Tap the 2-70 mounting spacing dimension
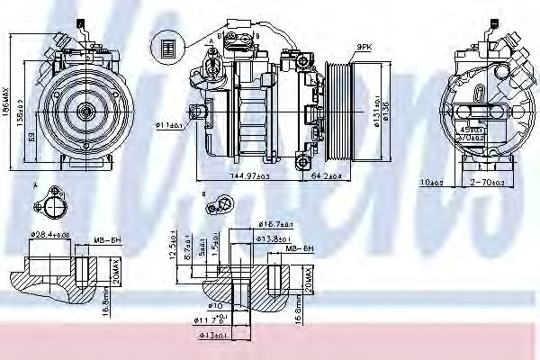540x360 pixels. coord(488,181)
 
